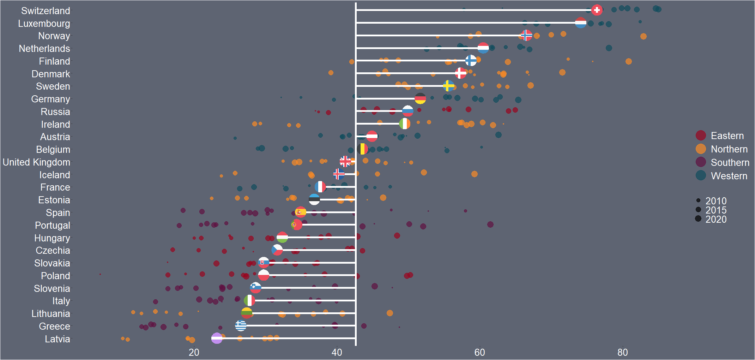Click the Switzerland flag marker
[597, 10]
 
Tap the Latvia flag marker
[217, 338]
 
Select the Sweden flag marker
[448, 86]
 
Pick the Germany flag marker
[420, 98]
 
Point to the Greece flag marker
[241, 325]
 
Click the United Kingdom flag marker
[345, 162]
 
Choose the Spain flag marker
[301, 212]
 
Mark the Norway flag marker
[526, 35]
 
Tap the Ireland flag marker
[405, 124]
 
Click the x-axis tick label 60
[479, 352]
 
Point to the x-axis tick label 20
[194, 352]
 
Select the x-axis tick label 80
[622, 352]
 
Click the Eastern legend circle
[701, 136]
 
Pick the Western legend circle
[701, 175]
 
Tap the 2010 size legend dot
[698, 200]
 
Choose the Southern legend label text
[730, 162]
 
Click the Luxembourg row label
[44, 24]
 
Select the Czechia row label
[53, 251]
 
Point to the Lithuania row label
[51, 314]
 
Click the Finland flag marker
[471, 61]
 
